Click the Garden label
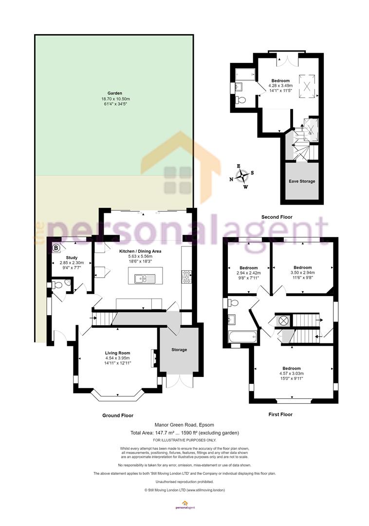(x=114, y=93)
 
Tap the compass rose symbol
(x=241, y=176)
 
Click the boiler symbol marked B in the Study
(x=56, y=248)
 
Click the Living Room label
(x=117, y=353)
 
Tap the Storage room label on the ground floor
(x=179, y=350)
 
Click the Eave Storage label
(x=302, y=181)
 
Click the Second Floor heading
(x=277, y=217)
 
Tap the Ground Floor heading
(x=118, y=415)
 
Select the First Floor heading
(x=280, y=414)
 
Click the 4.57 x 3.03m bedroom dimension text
(x=292, y=374)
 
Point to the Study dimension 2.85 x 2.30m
(x=72, y=263)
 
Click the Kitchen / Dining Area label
(x=140, y=251)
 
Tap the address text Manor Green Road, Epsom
(x=184, y=425)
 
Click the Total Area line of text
(x=184, y=433)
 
